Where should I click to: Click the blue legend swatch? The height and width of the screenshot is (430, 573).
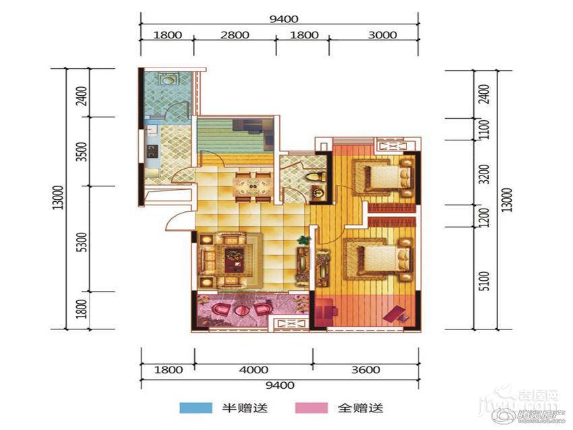pyautogui.click(x=192, y=408)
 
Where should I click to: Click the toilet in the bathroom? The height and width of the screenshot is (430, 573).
pyautogui.click(x=315, y=177)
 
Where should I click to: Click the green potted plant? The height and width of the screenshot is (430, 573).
pyautogui.click(x=303, y=240)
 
